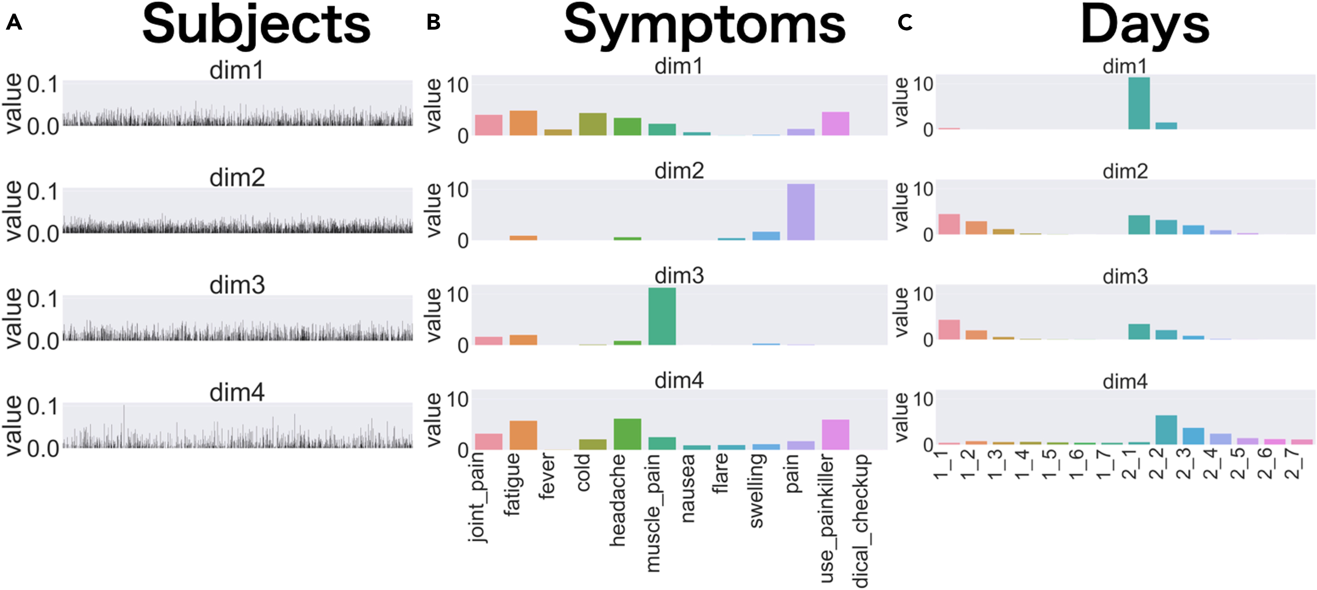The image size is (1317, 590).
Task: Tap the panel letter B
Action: tap(434, 22)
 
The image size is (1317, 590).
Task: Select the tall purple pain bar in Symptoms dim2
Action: tap(801, 212)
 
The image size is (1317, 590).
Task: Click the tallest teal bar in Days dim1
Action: tap(1139, 103)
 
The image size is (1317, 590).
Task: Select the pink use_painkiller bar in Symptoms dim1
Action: tap(836, 124)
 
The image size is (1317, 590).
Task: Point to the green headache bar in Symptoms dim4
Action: tap(627, 434)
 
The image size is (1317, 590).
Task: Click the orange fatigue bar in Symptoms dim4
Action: tap(523, 435)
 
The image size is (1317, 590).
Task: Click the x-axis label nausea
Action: tap(688, 488)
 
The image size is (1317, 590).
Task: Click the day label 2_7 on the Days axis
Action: tap(1292, 463)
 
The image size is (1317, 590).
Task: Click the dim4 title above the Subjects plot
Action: tap(237, 393)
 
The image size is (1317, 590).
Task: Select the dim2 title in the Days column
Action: tap(1125, 171)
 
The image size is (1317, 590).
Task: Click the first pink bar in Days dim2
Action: tap(949, 224)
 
